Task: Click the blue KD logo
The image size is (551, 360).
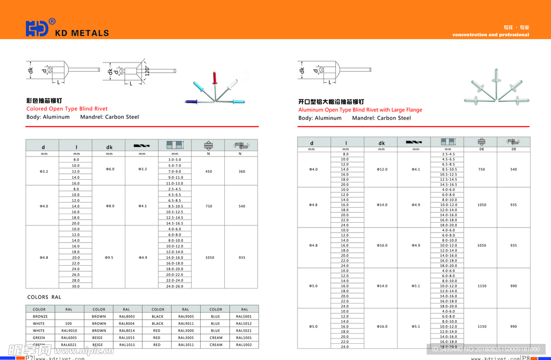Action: point(37,28)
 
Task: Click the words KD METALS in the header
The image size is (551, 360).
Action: point(82,33)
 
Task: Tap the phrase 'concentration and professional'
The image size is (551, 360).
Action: point(491,34)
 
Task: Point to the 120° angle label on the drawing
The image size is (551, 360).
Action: point(146,70)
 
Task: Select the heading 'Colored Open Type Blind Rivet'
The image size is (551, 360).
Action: point(67,109)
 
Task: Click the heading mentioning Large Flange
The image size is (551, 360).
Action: point(360,110)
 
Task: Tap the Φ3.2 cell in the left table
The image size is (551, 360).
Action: point(44,171)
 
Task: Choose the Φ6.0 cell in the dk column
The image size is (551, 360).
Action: point(109,168)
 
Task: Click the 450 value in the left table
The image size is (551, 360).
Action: point(208,171)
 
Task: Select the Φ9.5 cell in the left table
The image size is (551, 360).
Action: point(109,257)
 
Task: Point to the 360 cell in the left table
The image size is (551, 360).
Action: point(241,171)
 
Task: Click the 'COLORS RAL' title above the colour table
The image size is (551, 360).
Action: point(44,297)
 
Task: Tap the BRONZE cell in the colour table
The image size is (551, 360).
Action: point(40,316)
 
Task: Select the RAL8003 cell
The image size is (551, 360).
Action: point(128,316)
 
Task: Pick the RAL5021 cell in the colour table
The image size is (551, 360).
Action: point(244,330)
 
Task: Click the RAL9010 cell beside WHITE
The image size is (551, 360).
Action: point(69,330)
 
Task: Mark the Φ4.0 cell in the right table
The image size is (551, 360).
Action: point(313,170)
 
